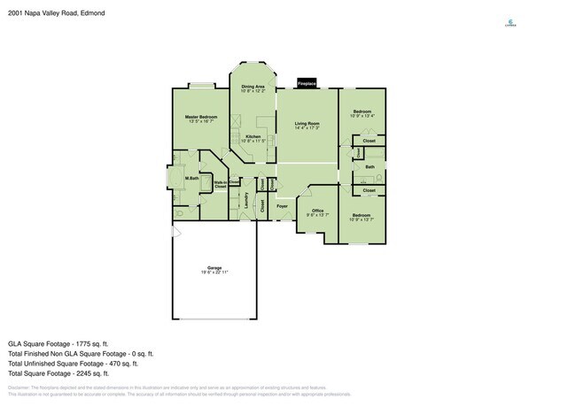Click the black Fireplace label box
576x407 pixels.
point(307,82)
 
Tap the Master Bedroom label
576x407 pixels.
point(201,117)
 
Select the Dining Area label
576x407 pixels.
point(253,86)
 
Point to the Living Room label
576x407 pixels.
point(307,123)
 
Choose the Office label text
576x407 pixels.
point(316,210)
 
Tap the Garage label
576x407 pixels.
point(214,267)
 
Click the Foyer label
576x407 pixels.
point(283,205)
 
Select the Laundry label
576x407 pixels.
point(245,202)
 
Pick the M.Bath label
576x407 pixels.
point(191,180)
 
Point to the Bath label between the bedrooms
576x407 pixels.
point(370,166)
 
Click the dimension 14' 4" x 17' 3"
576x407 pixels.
point(307,128)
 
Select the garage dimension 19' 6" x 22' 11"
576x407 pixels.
point(214,273)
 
